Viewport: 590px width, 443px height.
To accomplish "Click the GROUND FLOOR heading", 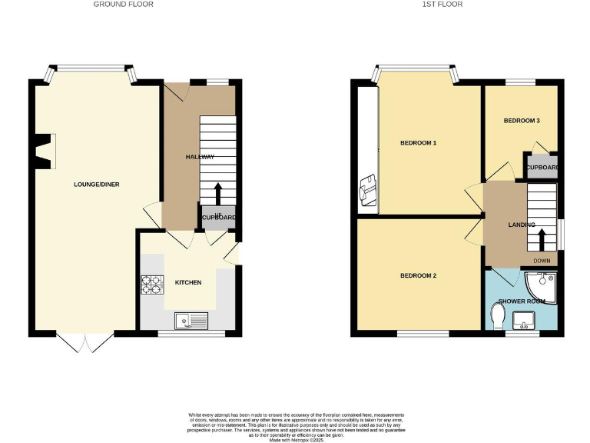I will coord(123,5).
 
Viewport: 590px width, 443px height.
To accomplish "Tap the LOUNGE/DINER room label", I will coord(96,185).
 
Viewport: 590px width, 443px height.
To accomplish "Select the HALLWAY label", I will coord(200,157).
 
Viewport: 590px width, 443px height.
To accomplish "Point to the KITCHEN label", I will coord(188,282).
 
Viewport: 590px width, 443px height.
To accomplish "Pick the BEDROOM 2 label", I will coord(418,276).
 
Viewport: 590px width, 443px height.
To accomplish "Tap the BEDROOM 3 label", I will coord(522,121).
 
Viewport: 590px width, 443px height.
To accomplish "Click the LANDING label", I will coord(522,225).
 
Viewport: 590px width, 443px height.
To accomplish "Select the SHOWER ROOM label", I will coord(522,301).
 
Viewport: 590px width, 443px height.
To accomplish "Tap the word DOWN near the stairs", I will coord(542,261).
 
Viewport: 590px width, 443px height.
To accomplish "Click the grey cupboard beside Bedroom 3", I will coord(541,168).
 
